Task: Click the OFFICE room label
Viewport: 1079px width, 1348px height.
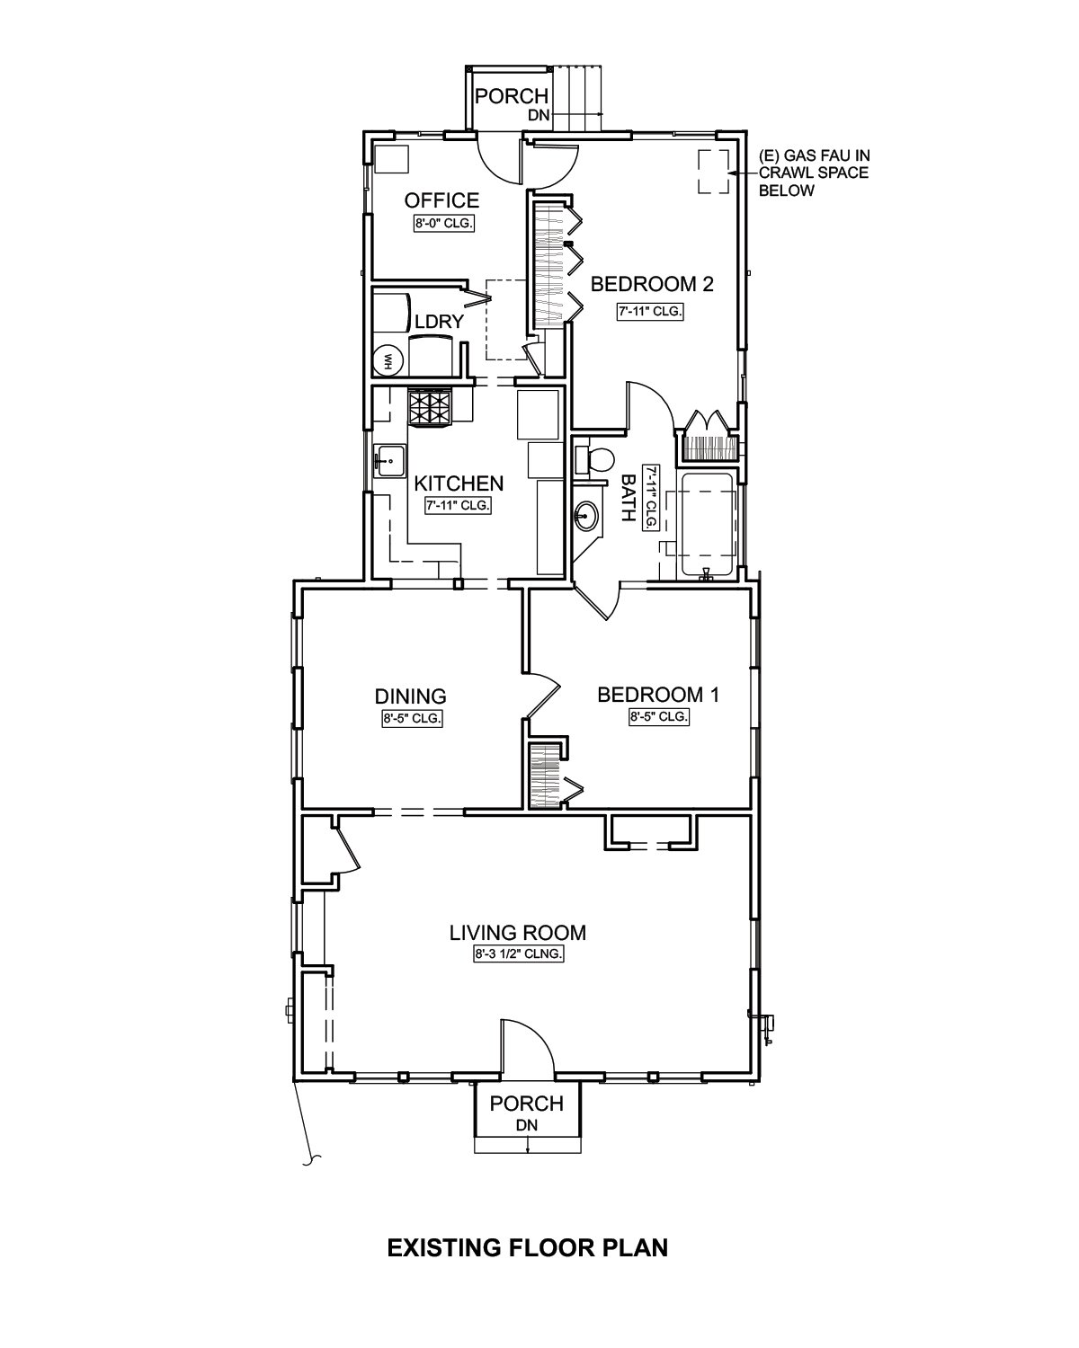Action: tap(441, 200)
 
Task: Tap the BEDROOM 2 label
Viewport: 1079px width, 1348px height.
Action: tap(652, 285)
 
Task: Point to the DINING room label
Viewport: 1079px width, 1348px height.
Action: tap(411, 696)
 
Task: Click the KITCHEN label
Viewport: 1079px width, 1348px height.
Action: tap(459, 483)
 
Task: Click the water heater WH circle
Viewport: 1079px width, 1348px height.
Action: tap(389, 360)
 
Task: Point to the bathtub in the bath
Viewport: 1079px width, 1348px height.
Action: tap(709, 523)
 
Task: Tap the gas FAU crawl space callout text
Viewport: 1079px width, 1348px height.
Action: tap(814, 172)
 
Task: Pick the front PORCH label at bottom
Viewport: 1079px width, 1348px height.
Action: tap(527, 1104)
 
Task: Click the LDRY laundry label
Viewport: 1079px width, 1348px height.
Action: tap(439, 322)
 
